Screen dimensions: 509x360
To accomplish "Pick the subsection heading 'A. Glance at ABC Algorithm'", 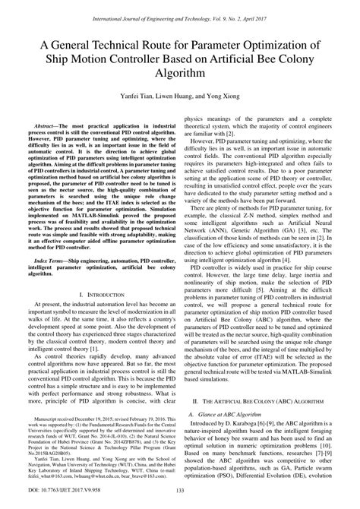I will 226,435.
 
